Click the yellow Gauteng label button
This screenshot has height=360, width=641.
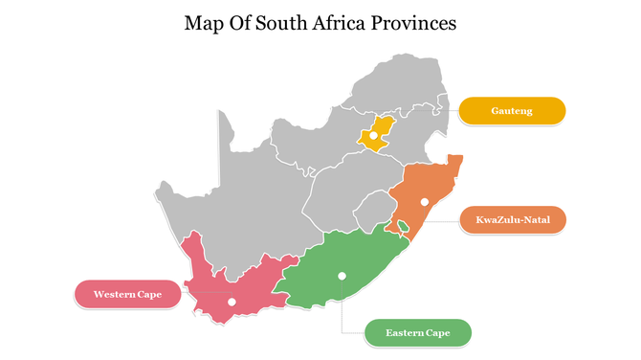(x=512, y=111)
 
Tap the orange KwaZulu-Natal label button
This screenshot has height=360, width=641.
(x=512, y=220)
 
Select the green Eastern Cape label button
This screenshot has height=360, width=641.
(x=418, y=332)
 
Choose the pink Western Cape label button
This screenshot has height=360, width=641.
(x=127, y=294)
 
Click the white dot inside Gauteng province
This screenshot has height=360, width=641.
(x=373, y=136)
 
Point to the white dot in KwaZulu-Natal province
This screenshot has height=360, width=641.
(x=424, y=202)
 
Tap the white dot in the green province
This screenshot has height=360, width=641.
(x=342, y=276)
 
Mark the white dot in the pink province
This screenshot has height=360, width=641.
(x=231, y=302)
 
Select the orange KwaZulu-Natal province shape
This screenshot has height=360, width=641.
(x=421, y=187)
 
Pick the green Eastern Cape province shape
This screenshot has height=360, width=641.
(x=354, y=259)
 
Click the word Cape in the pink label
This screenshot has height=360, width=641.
(x=148, y=294)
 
